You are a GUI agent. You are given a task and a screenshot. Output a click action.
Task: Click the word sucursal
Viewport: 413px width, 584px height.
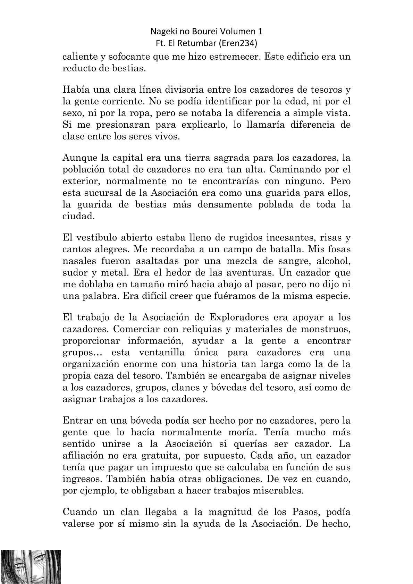pyautogui.click(x=101, y=193)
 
